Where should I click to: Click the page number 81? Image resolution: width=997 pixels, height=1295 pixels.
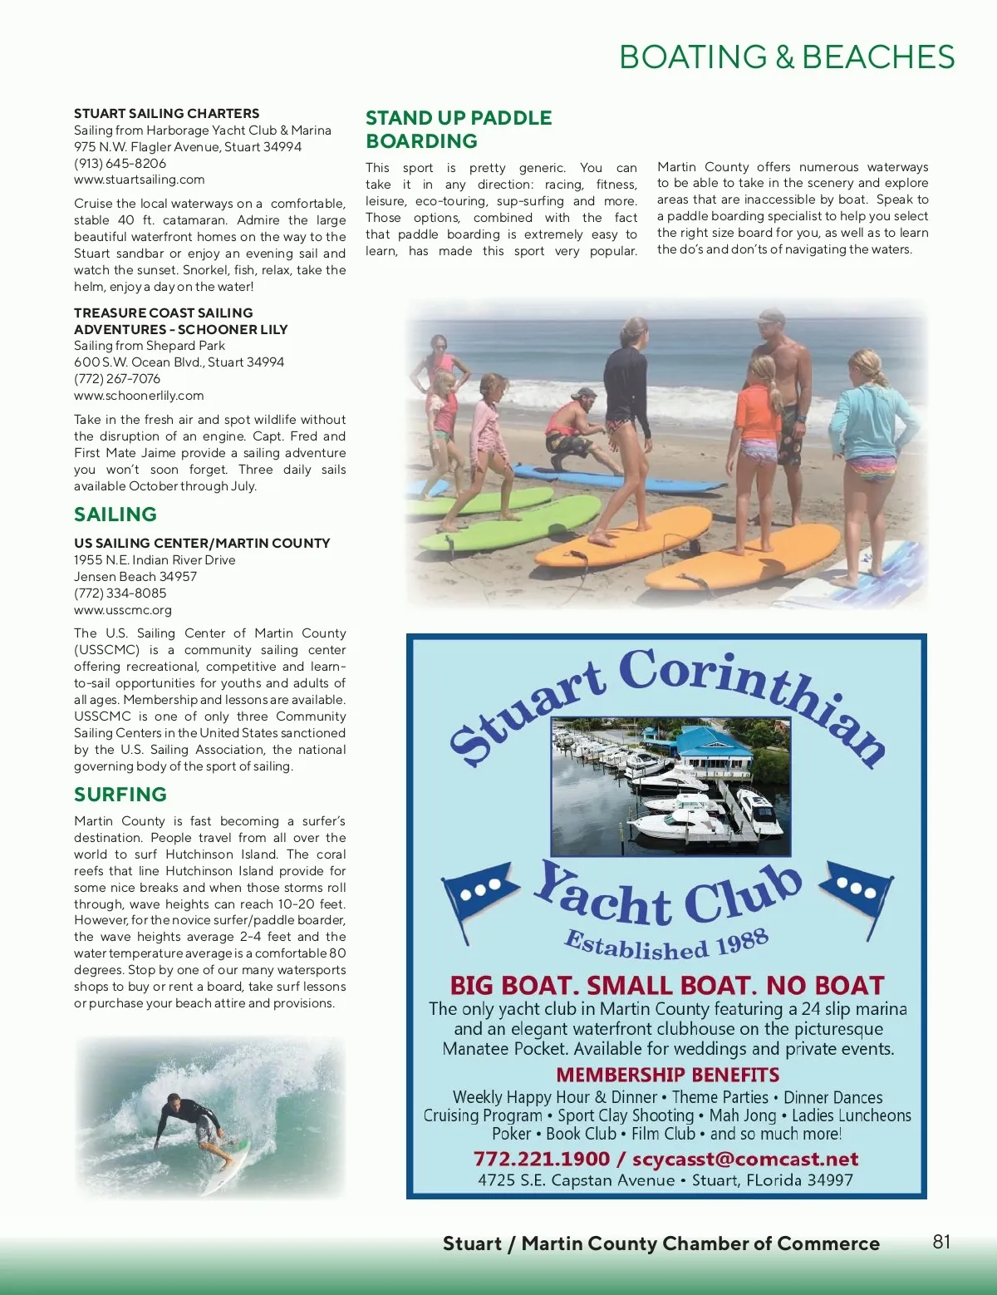tap(941, 1242)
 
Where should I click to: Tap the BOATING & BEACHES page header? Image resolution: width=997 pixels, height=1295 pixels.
tap(787, 57)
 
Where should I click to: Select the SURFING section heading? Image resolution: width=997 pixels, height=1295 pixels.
tap(120, 795)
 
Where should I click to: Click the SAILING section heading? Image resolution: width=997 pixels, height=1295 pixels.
tap(115, 515)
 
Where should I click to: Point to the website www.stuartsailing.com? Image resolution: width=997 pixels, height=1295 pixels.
tap(139, 180)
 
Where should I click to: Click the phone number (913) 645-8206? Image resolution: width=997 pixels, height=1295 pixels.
tap(120, 163)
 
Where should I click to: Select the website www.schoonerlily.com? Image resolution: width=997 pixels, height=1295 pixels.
tap(139, 396)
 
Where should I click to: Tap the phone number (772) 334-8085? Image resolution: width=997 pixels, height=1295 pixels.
tap(120, 593)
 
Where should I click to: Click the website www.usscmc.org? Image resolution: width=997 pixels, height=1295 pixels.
tap(123, 610)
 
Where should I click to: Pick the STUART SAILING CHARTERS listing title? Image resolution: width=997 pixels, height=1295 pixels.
tap(166, 113)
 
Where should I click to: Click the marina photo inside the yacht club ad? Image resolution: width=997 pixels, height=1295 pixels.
tap(670, 786)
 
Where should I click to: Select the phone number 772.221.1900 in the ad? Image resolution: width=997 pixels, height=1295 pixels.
tap(541, 1159)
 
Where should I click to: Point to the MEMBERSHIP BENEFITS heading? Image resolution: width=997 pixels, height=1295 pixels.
tap(667, 1075)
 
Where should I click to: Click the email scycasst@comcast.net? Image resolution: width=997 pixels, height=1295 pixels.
tap(745, 1159)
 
